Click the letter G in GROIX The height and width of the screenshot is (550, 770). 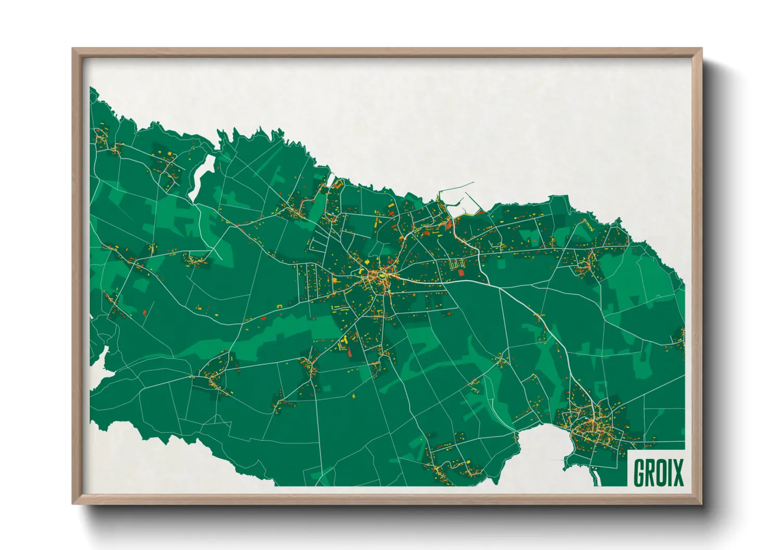click(x=639, y=473)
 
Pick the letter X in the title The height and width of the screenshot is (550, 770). click(x=678, y=473)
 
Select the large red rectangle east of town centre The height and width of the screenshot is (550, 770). click(x=461, y=272)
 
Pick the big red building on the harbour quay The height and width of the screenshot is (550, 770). click(x=448, y=224)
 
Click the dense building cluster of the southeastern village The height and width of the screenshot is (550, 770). click(x=593, y=426)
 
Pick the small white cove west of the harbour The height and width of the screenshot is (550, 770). click(x=330, y=179)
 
